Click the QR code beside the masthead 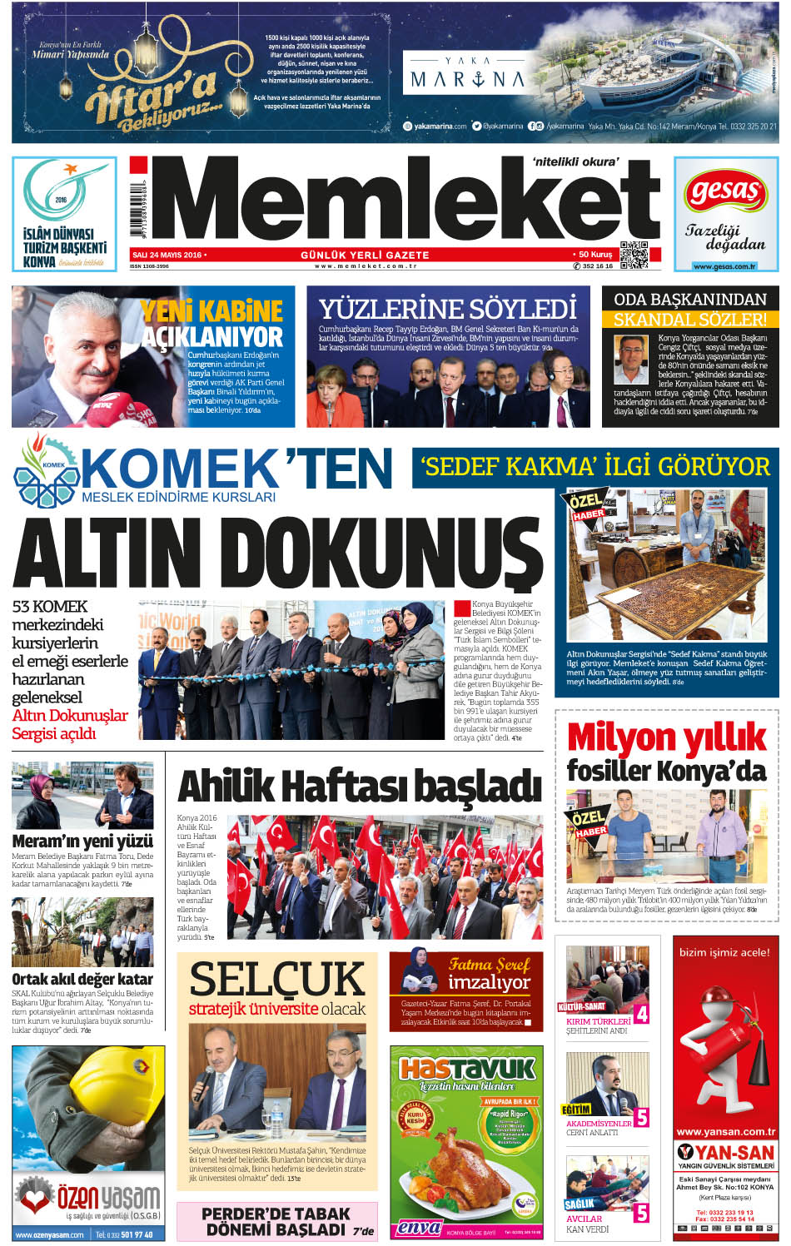click(634, 255)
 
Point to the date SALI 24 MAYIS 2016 click(167, 255)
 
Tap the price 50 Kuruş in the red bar click(594, 255)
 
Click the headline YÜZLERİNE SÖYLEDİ click(448, 309)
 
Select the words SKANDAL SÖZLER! click(690, 319)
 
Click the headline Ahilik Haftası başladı click(360, 786)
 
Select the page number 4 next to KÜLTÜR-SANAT click(641, 1014)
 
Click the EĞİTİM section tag click(576, 1109)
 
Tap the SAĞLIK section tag click(579, 1204)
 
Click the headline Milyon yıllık click(666, 737)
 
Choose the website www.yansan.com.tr click(725, 1132)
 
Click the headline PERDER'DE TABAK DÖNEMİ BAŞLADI click(276, 1221)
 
